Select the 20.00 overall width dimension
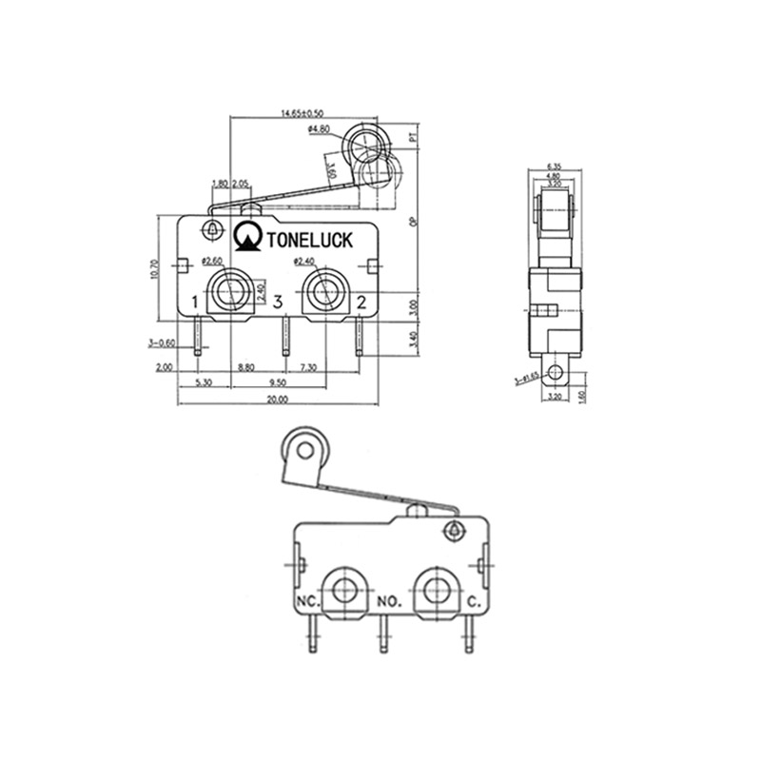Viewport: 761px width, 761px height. pos(278,400)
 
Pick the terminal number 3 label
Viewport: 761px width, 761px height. pos(278,302)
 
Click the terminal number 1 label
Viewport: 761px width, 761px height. pos(195,302)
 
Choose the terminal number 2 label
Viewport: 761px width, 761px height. pos(361,302)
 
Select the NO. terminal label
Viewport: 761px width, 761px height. pos(391,601)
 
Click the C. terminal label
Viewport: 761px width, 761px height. pos(473,601)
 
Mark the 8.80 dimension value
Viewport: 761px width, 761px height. pos(244,366)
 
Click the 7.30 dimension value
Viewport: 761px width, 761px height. pos(309,366)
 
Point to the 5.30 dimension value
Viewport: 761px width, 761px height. pos(203,383)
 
